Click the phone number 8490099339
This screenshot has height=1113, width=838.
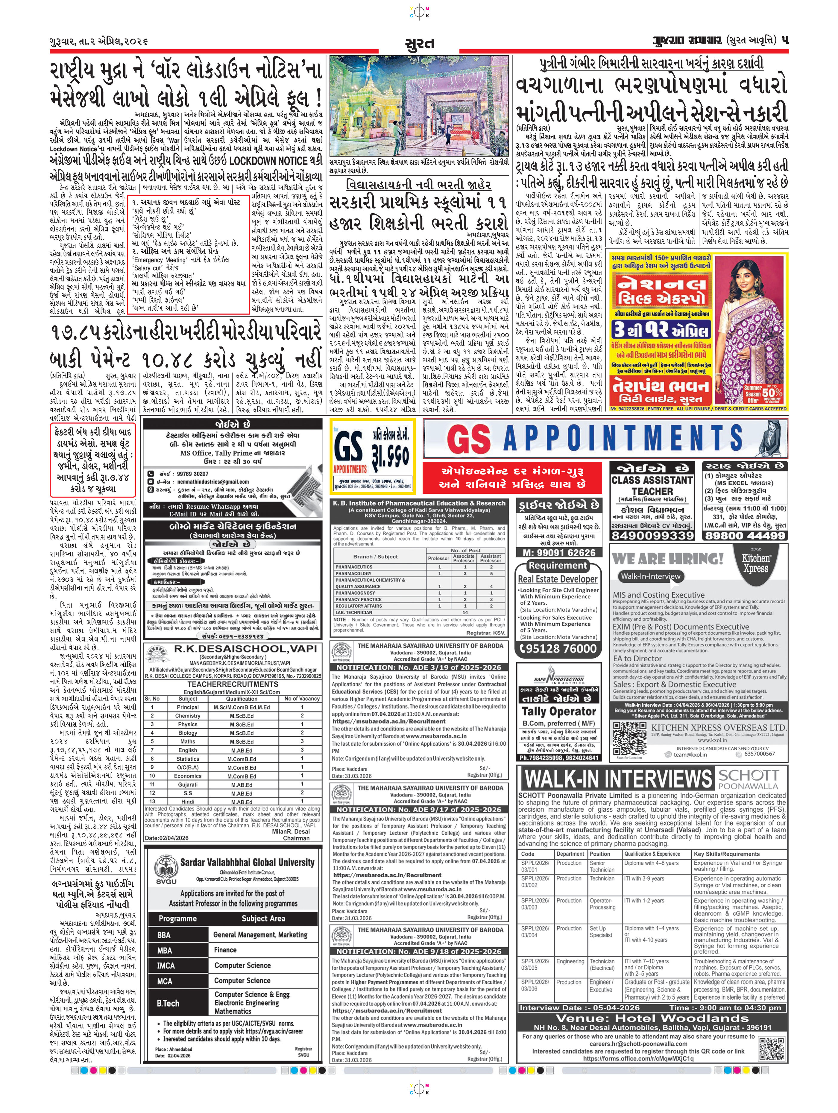pyautogui.click(x=652, y=535)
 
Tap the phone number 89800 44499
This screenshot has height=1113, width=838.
pyautogui.click(x=746, y=535)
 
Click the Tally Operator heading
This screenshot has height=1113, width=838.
pyautogui.click(x=559, y=711)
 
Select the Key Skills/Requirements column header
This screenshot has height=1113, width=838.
pyautogui.click(x=726, y=854)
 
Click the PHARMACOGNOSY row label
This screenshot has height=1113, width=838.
pyautogui.click(x=355, y=593)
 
